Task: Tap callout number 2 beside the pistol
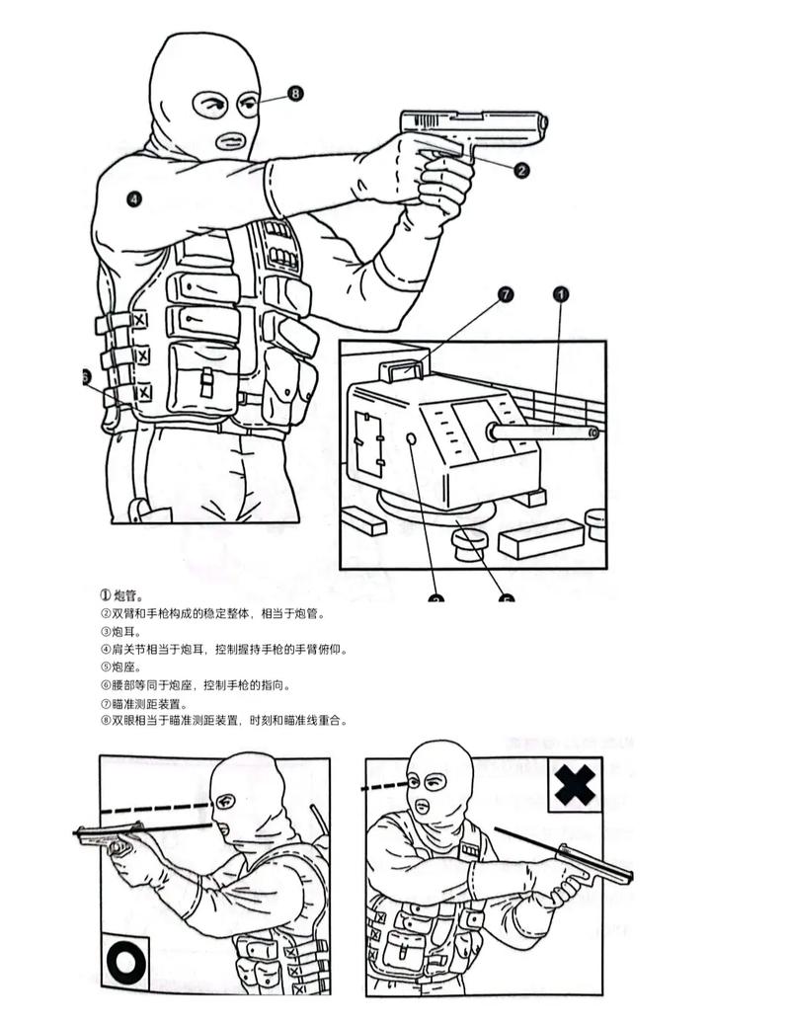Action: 521,170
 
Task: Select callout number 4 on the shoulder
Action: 134,198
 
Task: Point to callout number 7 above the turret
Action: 506,294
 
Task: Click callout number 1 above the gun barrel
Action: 561,294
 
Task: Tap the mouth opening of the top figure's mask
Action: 230,141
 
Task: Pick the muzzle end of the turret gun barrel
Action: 593,432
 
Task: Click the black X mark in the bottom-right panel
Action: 575,785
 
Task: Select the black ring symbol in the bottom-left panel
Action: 126,963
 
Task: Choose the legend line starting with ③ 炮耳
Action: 122,631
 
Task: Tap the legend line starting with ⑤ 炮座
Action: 122,667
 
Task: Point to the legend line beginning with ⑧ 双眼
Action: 223,721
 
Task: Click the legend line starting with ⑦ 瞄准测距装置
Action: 144,703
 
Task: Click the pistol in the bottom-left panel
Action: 111,837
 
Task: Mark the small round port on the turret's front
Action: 410,437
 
